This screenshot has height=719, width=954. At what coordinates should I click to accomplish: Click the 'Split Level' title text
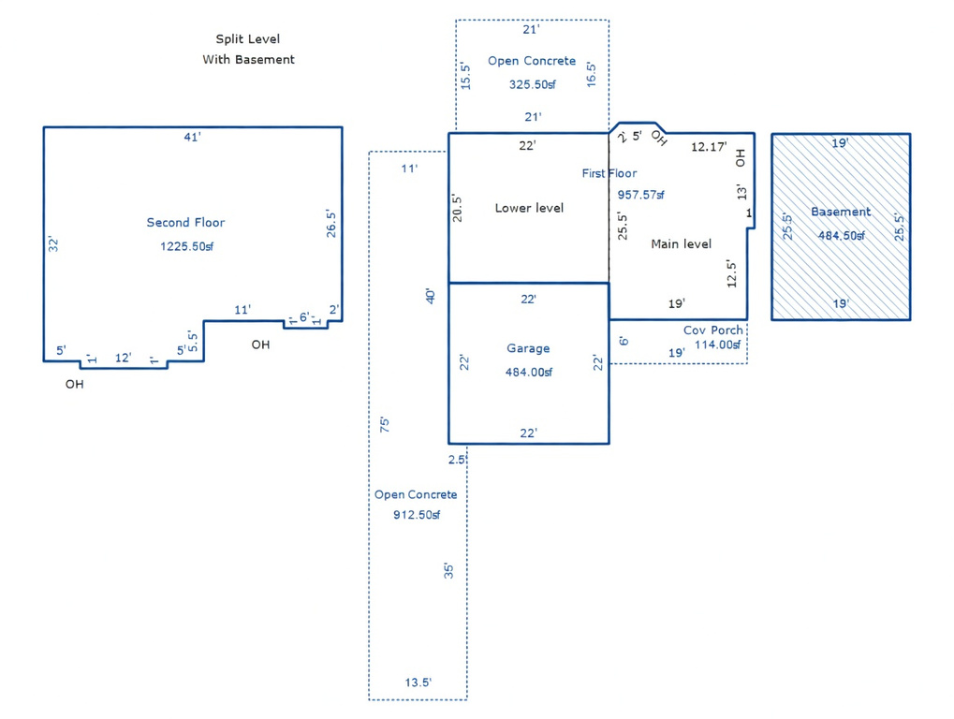pos(247,39)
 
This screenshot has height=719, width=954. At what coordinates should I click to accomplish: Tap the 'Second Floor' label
pos(185,223)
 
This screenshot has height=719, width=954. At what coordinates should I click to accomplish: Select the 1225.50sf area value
pos(184,247)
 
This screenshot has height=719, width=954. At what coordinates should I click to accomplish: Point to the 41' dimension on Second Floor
pos(192,138)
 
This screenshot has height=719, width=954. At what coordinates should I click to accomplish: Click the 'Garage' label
pos(528,348)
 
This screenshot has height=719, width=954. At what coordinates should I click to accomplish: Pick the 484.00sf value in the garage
pos(528,372)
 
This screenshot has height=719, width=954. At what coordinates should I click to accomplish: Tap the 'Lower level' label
pos(529,208)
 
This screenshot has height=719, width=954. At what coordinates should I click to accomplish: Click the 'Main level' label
pos(681,243)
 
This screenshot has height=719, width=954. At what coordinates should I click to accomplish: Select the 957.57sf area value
pos(640,195)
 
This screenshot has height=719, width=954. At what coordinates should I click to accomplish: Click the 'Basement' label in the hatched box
pos(841,212)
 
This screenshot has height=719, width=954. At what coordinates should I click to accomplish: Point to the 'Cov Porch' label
pos(713,330)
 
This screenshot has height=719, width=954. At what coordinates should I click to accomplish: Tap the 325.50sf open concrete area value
pos(532,84)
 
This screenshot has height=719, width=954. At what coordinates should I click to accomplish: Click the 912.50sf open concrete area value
pos(416,515)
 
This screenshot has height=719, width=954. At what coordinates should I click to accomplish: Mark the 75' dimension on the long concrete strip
pos(384,424)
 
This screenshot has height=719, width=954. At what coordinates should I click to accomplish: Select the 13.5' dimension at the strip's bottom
pos(418,682)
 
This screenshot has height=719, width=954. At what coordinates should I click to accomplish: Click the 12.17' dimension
pos(709,147)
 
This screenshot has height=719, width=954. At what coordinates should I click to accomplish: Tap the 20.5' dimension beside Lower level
pos(457,207)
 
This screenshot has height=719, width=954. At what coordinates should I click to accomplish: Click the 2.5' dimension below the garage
pos(457,460)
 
